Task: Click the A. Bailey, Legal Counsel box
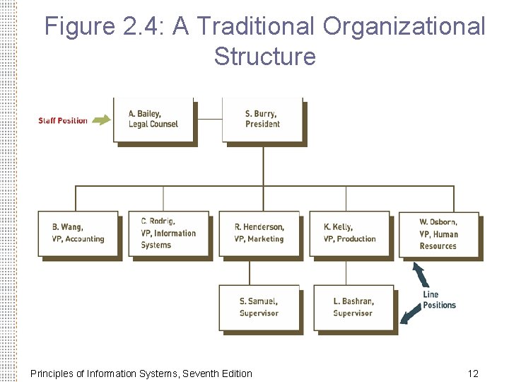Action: (153, 120)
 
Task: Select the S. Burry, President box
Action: (263, 120)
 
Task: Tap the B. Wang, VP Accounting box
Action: (78, 233)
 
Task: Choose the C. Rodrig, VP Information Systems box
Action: (168, 233)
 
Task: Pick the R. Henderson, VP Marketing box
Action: (259, 233)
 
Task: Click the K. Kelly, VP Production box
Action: (349, 233)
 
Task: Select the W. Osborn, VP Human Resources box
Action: (439, 234)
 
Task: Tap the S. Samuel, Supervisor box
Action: (259, 307)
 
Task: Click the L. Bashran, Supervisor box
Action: (353, 307)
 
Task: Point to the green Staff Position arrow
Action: (101, 120)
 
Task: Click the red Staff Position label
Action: (63, 120)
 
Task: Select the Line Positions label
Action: (439, 300)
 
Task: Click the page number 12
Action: (473, 374)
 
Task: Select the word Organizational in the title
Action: (404, 27)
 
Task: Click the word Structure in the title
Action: (264, 56)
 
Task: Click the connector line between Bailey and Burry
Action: (209, 119)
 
